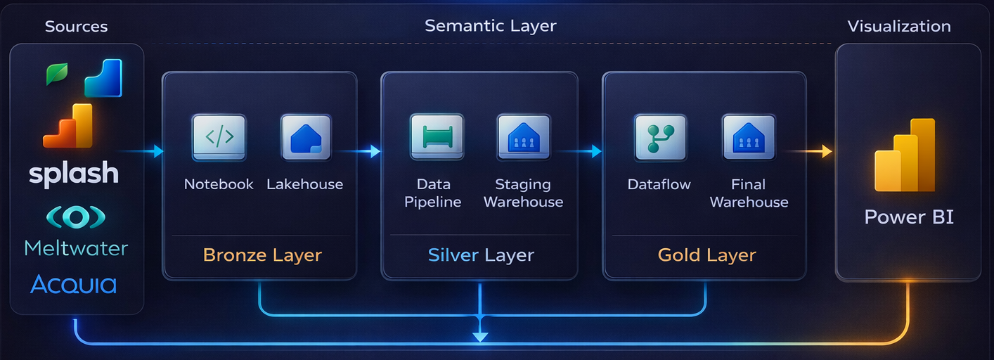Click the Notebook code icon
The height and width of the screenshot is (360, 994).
tap(219, 136)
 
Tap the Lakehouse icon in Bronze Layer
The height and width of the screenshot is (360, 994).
tap(306, 136)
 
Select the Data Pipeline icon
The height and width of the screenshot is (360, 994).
tap(437, 136)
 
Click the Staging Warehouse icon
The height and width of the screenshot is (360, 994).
tap(523, 136)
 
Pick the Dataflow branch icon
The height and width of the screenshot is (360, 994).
tap(660, 136)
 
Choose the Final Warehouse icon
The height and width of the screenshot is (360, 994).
tap(748, 136)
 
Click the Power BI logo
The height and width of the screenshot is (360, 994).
tap(905, 157)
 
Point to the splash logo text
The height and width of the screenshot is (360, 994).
tap(74, 173)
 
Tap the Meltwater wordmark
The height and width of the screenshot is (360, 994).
tap(76, 247)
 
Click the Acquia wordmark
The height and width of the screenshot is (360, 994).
tap(74, 284)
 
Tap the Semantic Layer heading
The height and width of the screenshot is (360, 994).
tap(490, 26)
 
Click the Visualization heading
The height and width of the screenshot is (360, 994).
tap(898, 27)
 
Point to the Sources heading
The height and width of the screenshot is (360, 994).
tap(76, 27)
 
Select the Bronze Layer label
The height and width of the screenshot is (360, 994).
tap(262, 255)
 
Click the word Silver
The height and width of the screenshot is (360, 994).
tap(453, 255)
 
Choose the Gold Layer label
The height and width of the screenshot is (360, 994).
tap(706, 255)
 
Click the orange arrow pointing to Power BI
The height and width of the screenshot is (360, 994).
tap(808, 151)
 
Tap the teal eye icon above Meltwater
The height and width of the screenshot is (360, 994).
tap(75, 217)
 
